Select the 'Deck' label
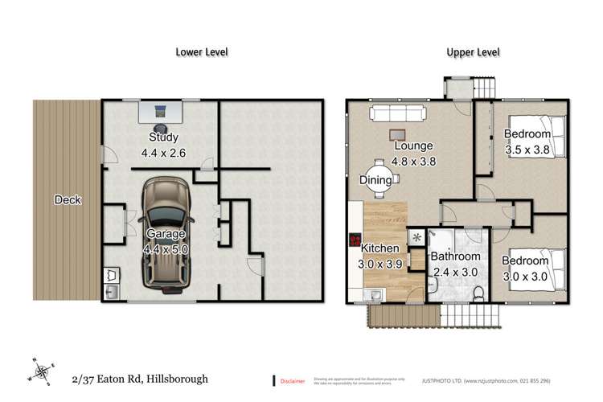[68, 200]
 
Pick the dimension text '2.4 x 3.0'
[455, 271]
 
